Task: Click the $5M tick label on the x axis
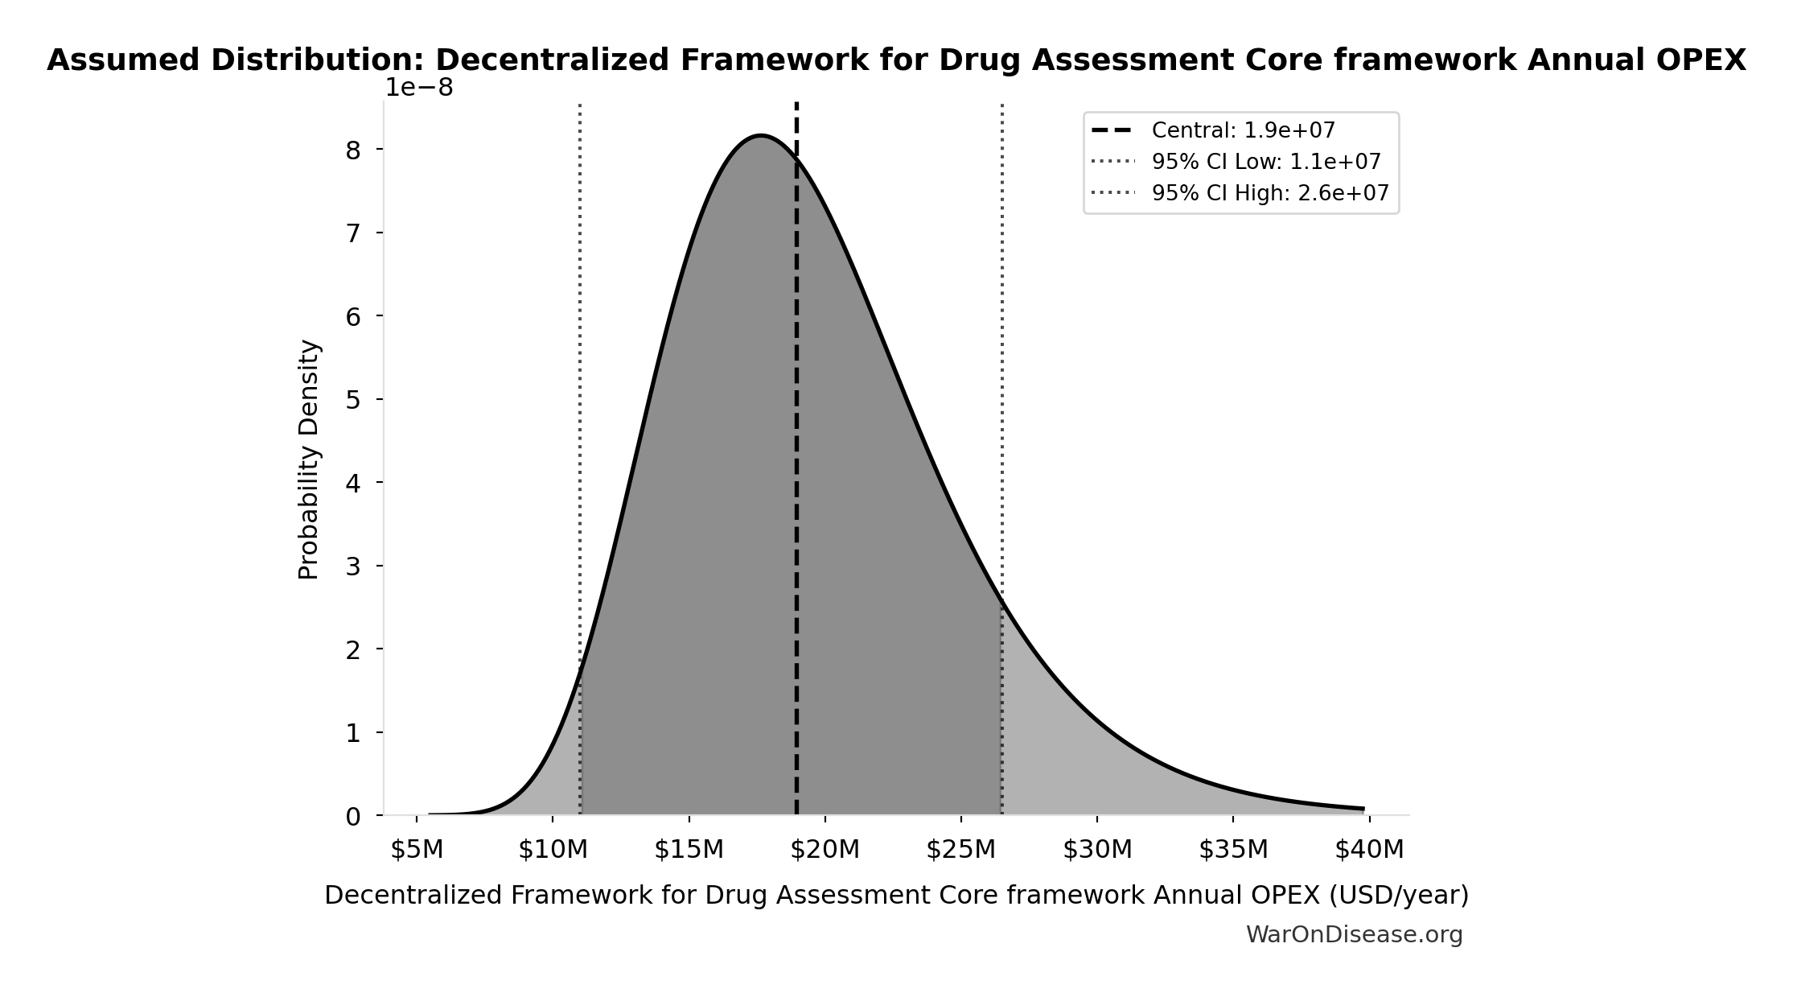(x=417, y=850)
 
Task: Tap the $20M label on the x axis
(x=825, y=850)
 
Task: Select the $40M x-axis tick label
(x=1369, y=850)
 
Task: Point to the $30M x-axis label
(x=1097, y=850)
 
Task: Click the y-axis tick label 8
(x=352, y=150)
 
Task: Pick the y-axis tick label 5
(x=352, y=399)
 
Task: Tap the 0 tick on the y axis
(x=352, y=817)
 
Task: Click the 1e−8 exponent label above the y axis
(x=418, y=88)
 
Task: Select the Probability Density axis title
(x=309, y=459)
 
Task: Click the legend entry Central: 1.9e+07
(x=1243, y=130)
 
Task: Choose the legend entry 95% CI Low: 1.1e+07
(x=1265, y=162)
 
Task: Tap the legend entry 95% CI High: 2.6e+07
(x=1269, y=193)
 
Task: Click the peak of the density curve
(x=760, y=136)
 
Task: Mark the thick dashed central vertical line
(x=796, y=483)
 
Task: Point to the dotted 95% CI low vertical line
(x=580, y=362)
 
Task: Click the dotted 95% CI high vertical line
(x=1001, y=362)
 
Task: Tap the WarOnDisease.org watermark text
(x=1354, y=934)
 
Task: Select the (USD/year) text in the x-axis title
(x=1399, y=895)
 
